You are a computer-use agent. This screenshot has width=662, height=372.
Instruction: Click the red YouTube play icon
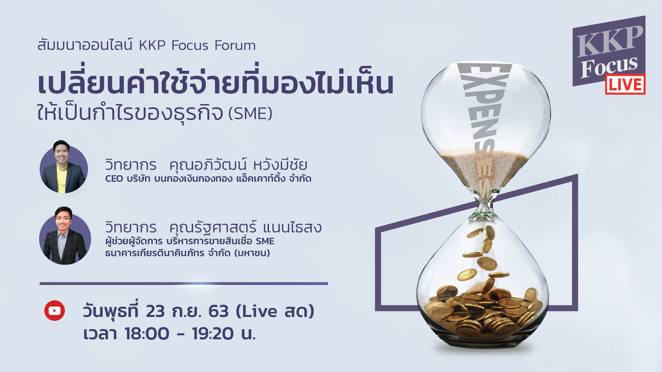(54, 311)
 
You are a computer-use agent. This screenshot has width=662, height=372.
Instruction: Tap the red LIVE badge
(625, 84)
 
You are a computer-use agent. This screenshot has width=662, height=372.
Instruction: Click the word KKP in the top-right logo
(610, 42)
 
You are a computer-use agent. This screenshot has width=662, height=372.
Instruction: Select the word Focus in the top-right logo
(609, 66)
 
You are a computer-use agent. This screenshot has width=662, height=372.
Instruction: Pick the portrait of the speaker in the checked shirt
(65, 236)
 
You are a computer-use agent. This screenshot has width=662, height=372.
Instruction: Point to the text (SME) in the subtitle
(250, 113)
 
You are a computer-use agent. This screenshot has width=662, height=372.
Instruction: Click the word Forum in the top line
(235, 45)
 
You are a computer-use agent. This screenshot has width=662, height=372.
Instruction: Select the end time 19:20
(213, 333)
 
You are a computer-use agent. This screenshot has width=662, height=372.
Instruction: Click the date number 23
(155, 311)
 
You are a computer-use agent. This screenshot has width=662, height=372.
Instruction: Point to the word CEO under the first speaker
(114, 179)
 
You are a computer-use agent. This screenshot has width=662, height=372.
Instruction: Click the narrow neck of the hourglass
(485, 206)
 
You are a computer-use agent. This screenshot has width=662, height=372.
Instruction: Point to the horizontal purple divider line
(184, 283)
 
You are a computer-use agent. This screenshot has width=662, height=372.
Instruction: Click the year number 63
(218, 311)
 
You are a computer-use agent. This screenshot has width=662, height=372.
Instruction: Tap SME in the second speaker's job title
(265, 241)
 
